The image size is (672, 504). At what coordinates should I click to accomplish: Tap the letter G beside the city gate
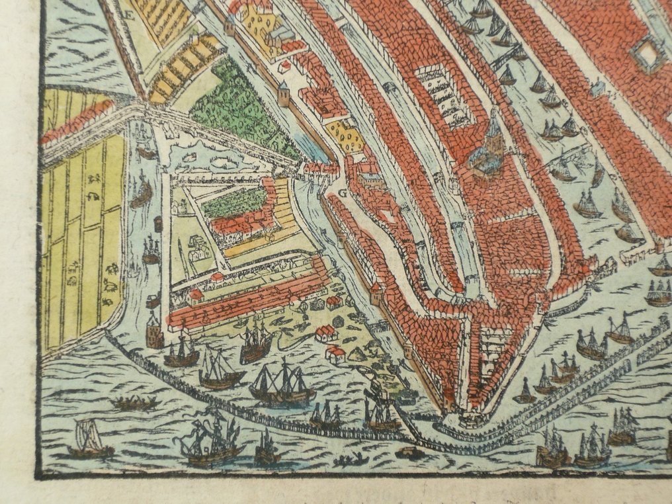click(343, 193)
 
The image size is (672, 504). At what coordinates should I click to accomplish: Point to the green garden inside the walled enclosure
click(235, 202)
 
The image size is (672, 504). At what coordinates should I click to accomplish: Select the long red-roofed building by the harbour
click(248, 301)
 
